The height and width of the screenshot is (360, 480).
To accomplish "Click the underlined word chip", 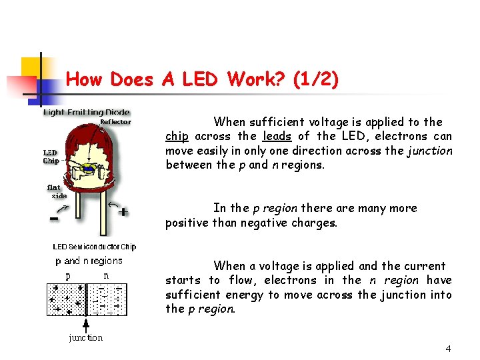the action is coord(177,137).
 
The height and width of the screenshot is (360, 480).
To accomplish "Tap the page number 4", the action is coord(449,349).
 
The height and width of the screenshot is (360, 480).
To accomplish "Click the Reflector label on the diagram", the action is coord(115,122).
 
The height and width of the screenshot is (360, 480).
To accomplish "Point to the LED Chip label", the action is coord(51,157).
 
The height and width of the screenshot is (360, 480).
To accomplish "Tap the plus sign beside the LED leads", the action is coord(123,211).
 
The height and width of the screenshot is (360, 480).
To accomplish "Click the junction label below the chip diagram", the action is coord(86,338).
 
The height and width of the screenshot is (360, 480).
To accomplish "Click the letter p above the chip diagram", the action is coord(68,275).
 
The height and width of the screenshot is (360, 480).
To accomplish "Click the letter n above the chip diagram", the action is coord(106,275).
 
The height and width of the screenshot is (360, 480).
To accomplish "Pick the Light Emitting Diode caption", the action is coord(87,112).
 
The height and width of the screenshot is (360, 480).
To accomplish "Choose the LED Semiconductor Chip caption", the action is coord(95,247).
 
